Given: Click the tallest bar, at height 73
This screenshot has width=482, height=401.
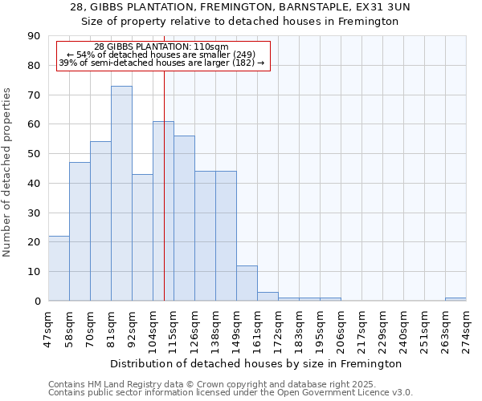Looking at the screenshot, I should (x=121, y=192).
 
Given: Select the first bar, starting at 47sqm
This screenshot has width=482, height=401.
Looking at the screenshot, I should (x=59, y=268).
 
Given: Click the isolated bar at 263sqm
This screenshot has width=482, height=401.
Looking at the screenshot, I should (x=455, y=299).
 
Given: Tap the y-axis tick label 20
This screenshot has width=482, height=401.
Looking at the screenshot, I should (x=33, y=242).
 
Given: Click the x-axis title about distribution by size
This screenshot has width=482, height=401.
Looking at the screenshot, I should (x=257, y=363).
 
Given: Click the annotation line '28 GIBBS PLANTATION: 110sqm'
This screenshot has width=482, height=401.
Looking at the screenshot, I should (x=161, y=47).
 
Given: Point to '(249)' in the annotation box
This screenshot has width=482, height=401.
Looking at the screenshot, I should (x=243, y=55).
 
